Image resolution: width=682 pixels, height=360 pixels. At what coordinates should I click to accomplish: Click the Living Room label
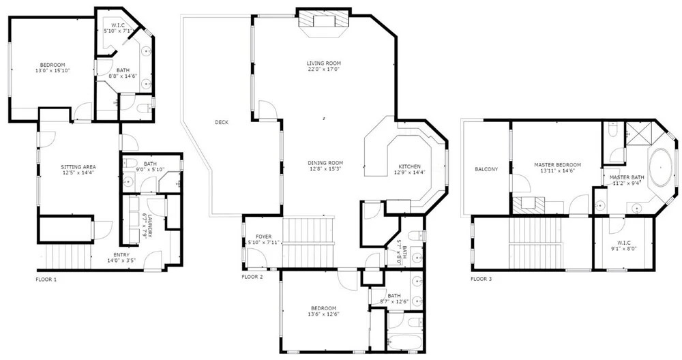pyautogui.click(x=323, y=63)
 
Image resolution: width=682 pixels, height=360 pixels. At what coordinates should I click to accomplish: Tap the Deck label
pyautogui.click(x=222, y=122)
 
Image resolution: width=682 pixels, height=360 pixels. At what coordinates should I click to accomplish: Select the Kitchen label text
pyautogui.click(x=410, y=166)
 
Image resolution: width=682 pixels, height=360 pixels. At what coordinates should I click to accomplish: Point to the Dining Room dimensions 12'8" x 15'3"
pyautogui.click(x=323, y=168)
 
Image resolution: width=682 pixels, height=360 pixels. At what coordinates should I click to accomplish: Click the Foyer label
pyautogui.click(x=263, y=237)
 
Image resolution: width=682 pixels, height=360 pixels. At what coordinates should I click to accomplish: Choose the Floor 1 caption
pyautogui.click(x=46, y=280)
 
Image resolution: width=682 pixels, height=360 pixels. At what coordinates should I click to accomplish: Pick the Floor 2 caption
pyautogui.click(x=252, y=277)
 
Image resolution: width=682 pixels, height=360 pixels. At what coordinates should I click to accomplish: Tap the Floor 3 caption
pyautogui.click(x=481, y=279)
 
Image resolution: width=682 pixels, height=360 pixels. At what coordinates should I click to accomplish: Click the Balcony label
pyautogui.click(x=486, y=169)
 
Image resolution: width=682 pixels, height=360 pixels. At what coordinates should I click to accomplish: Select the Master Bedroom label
pyautogui.click(x=558, y=165)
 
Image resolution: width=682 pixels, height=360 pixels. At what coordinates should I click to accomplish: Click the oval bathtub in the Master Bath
pyautogui.click(x=660, y=167)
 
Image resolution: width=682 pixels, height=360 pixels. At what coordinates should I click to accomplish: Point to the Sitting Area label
pyautogui.click(x=78, y=167)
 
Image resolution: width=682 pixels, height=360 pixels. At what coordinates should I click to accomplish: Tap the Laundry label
pyautogui.click(x=150, y=226)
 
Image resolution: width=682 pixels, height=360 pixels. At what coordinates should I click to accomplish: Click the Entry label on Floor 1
pyautogui.click(x=121, y=255)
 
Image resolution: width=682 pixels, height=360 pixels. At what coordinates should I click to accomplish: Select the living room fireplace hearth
pyautogui.click(x=323, y=22)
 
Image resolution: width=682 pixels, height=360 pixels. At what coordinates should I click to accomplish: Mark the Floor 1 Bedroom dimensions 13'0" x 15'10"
pyautogui.click(x=53, y=70)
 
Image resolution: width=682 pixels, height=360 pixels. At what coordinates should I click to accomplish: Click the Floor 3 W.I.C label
pyautogui.click(x=624, y=243)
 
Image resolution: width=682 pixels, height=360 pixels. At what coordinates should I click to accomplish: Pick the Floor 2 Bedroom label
pyautogui.click(x=323, y=309)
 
